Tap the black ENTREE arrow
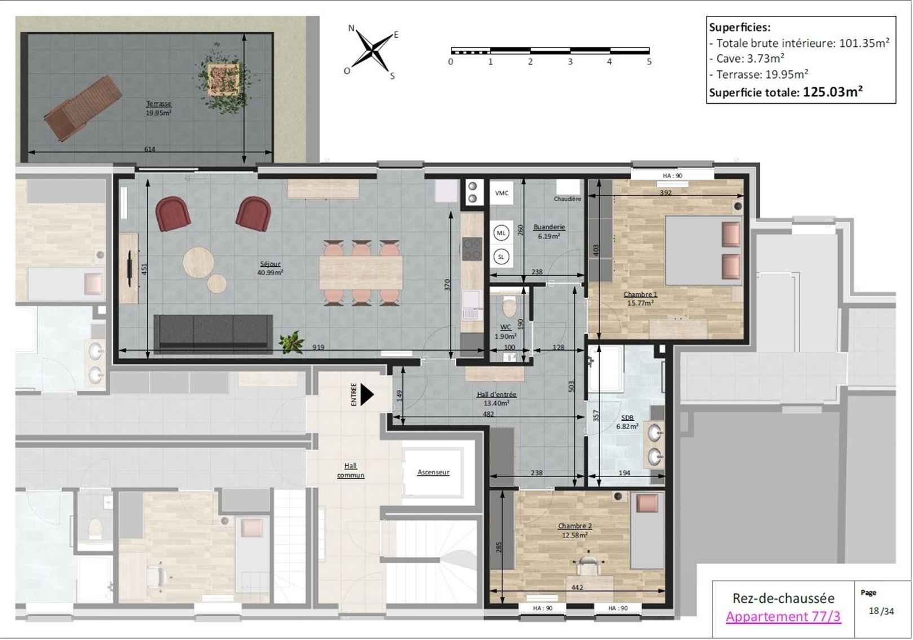click(x=367, y=395)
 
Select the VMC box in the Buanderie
click(x=502, y=193)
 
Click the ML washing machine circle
click(x=501, y=233)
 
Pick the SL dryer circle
click(x=501, y=257)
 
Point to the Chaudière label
click(x=568, y=199)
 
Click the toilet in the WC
click(x=509, y=307)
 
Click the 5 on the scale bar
click(x=649, y=61)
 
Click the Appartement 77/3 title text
click(x=783, y=616)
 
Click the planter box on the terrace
click(x=223, y=78)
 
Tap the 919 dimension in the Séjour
click(x=318, y=347)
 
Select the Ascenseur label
click(x=433, y=472)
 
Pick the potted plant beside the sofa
click(x=291, y=341)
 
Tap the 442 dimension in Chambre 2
click(x=577, y=588)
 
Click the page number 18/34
click(x=881, y=611)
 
